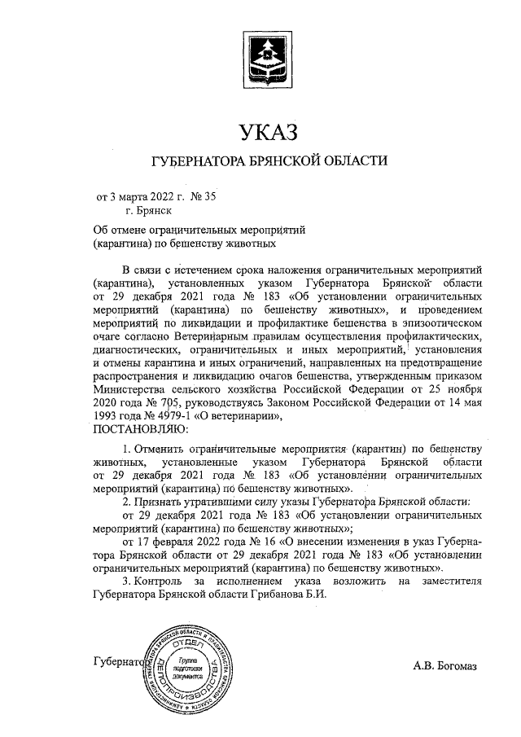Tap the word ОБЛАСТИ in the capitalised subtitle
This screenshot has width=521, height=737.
tap(356, 160)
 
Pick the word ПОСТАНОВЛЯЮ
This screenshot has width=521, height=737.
tap(141, 428)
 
